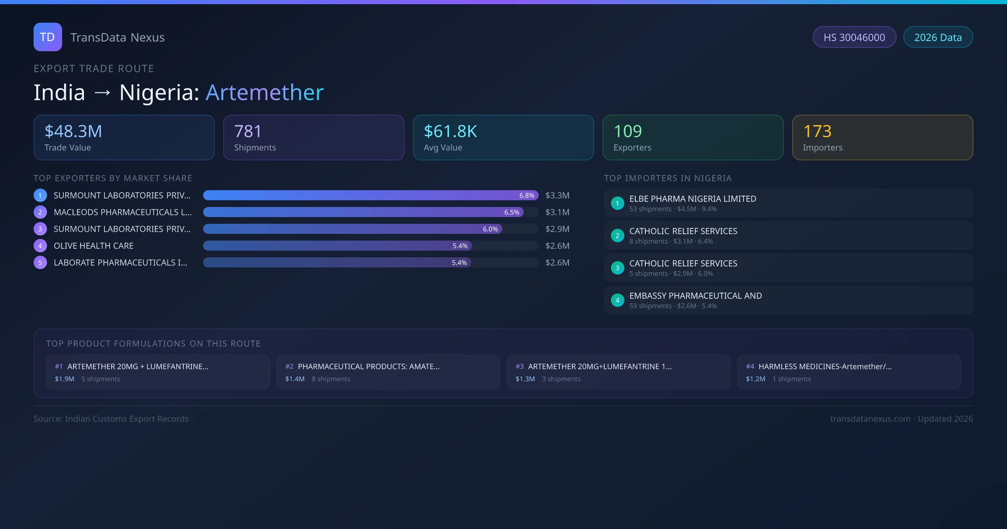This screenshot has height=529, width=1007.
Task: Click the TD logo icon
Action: [48, 37]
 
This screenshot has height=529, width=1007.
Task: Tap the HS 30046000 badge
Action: [854, 37]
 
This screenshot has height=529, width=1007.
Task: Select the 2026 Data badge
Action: [938, 37]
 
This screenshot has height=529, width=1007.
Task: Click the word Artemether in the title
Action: [264, 92]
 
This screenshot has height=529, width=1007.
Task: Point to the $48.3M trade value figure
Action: [73, 131]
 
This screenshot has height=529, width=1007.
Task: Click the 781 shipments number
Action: [248, 131]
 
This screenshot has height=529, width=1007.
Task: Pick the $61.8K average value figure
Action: [450, 131]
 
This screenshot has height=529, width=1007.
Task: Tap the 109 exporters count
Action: [628, 131]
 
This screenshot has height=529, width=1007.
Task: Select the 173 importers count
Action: [817, 131]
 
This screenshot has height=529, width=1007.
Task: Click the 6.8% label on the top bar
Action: [527, 196]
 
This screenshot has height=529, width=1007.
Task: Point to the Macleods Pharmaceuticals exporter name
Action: [123, 212]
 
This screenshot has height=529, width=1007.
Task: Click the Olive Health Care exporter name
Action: [94, 246]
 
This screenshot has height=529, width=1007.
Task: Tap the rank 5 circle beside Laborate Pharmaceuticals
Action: [40, 263]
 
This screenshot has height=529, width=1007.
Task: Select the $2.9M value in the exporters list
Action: [557, 229]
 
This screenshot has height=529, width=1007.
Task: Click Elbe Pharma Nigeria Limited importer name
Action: [693, 199]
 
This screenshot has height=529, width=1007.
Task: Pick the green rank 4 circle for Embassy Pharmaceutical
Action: [617, 300]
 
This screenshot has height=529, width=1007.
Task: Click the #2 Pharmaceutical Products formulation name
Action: [369, 367]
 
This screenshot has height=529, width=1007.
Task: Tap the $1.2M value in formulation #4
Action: [755, 379]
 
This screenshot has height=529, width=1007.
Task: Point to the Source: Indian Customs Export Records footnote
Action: [111, 419]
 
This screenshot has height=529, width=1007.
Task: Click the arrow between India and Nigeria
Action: [102, 93]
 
